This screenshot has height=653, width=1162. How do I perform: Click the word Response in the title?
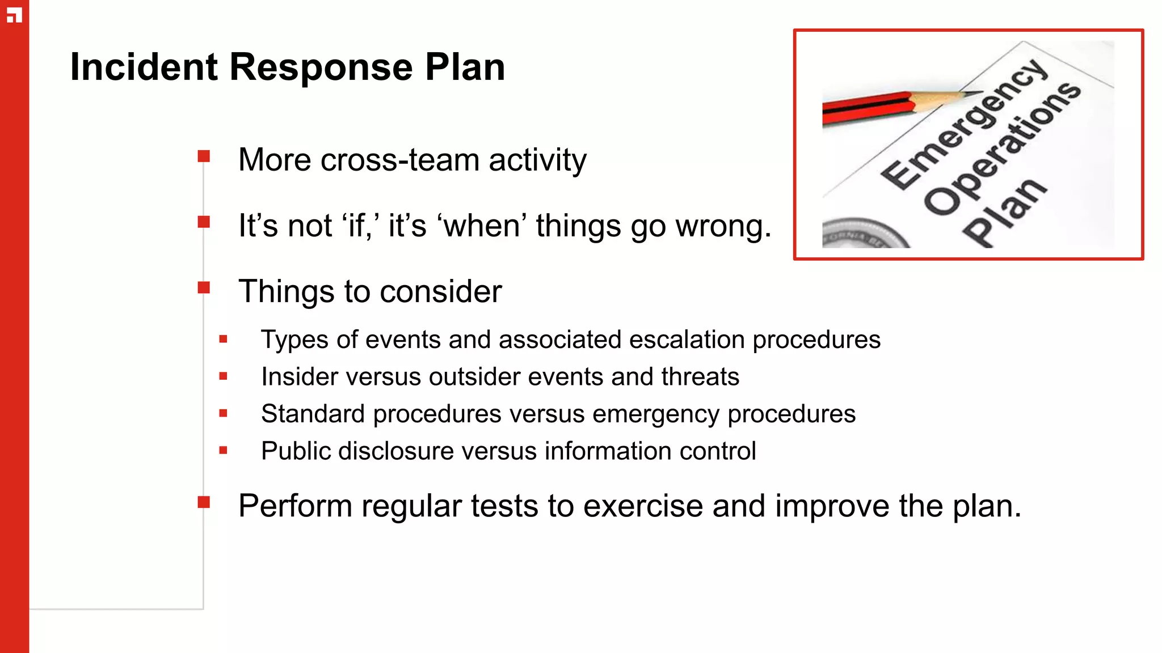point(321,67)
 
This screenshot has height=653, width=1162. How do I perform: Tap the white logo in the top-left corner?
point(14,15)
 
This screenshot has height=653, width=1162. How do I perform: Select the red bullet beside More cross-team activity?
point(204,156)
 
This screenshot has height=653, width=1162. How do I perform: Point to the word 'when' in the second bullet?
point(482,226)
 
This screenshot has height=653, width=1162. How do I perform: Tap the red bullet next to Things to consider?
point(204,287)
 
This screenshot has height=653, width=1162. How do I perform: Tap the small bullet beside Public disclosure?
point(223,451)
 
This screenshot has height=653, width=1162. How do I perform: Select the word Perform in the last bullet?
point(295,506)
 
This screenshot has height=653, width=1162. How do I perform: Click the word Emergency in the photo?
point(965,125)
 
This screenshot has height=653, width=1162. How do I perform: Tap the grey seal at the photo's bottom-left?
point(862,235)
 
